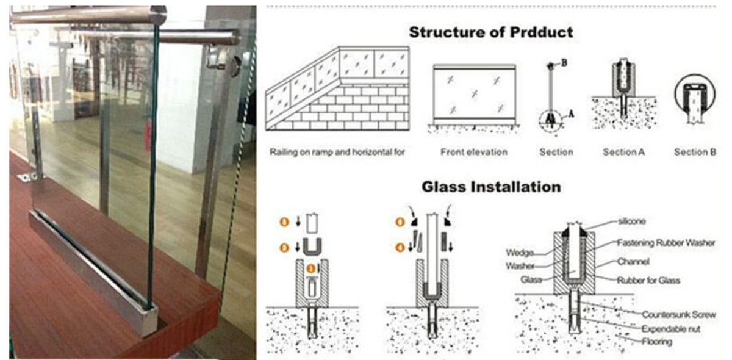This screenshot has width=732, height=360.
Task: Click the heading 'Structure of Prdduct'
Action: coord(491,32)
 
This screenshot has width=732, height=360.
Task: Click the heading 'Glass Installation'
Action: coord(491,187)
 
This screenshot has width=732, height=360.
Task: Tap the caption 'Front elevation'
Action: coord(474,152)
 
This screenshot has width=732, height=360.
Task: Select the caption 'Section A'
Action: coord(623,152)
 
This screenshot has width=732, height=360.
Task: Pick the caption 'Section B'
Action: coord(695,152)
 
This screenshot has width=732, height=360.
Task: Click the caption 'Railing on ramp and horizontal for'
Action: coord(337,152)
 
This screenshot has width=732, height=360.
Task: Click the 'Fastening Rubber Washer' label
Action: coord(666,243)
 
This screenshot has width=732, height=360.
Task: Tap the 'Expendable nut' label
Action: coord(671,328)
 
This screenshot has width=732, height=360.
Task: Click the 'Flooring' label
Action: coord(656,342)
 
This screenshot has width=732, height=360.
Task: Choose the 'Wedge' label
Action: coord(520,252)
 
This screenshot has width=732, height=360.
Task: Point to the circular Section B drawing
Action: coord(695,101)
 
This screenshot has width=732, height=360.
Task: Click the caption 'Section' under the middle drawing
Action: coord(556,152)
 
